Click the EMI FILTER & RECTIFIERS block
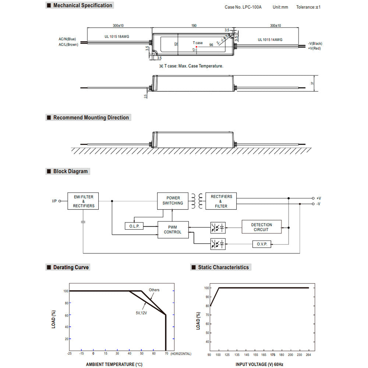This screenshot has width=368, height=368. [x=83, y=201]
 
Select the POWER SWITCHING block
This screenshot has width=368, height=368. [x=173, y=201]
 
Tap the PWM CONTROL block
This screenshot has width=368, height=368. [x=173, y=230]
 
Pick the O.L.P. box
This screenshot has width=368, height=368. [x=134, y=226]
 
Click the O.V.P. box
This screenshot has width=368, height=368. [x=262, y=244]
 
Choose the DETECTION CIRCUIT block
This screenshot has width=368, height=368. [x=262, y=227]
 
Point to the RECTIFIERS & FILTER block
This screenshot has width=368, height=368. [x=221, y=201]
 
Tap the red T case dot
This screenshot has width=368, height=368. [x=197, y=47]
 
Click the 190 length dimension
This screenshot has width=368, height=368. [x=194, y=26]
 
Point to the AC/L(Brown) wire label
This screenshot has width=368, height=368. [x=68, y=45]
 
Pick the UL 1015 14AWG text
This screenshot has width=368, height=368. [x=272, y=40]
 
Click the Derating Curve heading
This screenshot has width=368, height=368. [x=71, y=267]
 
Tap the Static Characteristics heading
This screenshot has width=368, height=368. [x=223, y=267]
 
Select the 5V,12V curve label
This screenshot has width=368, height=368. [x=141, y=313]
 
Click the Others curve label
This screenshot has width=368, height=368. [x=154, y=290]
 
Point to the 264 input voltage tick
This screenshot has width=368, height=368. [x=308, y=354]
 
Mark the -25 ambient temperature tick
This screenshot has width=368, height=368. [x=69, y=354]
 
